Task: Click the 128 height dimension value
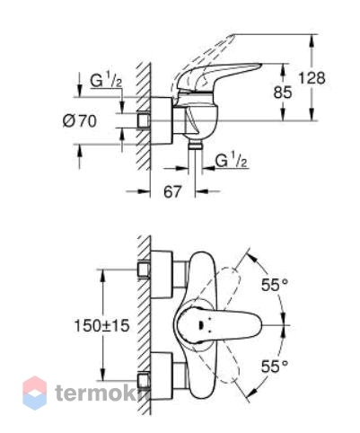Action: [312, 78]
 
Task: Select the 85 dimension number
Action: [283, 92]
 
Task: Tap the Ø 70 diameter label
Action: [80, 121]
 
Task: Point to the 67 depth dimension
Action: [172, 191]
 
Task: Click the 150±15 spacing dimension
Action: [101, 326]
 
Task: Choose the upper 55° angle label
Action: [275, 285]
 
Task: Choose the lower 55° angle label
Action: [275, 367]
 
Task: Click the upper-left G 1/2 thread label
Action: [106, 81]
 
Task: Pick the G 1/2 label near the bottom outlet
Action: [232, 161]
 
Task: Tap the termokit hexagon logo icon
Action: [35, 393]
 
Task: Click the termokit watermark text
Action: [101, 393]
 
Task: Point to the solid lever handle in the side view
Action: [217, 75]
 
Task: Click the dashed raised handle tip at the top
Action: [229, 39]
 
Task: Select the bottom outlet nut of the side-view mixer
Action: [195, 146]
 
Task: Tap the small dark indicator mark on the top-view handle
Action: [200, 325]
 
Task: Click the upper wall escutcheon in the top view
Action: [162, 275]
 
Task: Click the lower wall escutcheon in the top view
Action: [162, 376]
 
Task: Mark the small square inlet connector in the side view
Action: [144, 121]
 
